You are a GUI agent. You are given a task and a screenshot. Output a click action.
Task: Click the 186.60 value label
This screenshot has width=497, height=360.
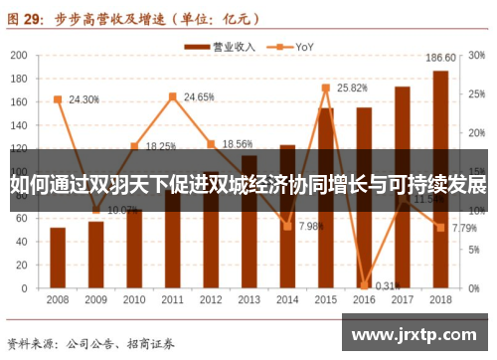pos(440,58)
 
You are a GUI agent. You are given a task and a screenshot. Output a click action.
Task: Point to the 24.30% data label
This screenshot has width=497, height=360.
pos(83,99)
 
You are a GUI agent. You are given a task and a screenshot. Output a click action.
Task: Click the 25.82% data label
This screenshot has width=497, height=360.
pos(353,88)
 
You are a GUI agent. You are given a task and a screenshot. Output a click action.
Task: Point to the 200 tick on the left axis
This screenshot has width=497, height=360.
pos(20,54)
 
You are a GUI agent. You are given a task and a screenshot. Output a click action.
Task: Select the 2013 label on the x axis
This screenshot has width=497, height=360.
pos(248,299)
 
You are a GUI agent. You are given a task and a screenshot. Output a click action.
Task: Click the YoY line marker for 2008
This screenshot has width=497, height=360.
pos(58,98)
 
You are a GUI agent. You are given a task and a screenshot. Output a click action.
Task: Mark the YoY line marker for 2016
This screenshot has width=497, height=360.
pos(364,284)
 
